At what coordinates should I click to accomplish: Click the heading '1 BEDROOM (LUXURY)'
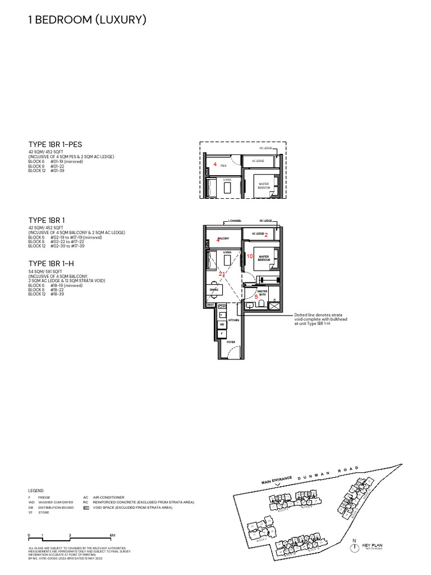click(87, 20)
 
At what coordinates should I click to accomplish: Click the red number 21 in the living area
click(222, 273)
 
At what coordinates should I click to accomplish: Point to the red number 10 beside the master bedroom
click(250, 256)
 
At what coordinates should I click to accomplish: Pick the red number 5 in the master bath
click(256, 296)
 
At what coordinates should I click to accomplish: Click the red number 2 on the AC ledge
click(266, 234)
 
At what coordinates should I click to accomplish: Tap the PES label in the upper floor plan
click(223, 166)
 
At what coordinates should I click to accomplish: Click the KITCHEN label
click(233, 320)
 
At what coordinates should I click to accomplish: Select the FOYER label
click(230, 341)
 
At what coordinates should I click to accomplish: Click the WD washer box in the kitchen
click(222, 325)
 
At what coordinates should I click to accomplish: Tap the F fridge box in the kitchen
click(222, 334)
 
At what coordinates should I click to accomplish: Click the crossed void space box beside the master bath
click(274, 305)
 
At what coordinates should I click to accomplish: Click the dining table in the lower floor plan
click(215, 290)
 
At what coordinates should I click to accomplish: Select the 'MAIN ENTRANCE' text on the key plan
click(277, 480)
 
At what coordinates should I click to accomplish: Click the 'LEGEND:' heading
click(36, 490)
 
